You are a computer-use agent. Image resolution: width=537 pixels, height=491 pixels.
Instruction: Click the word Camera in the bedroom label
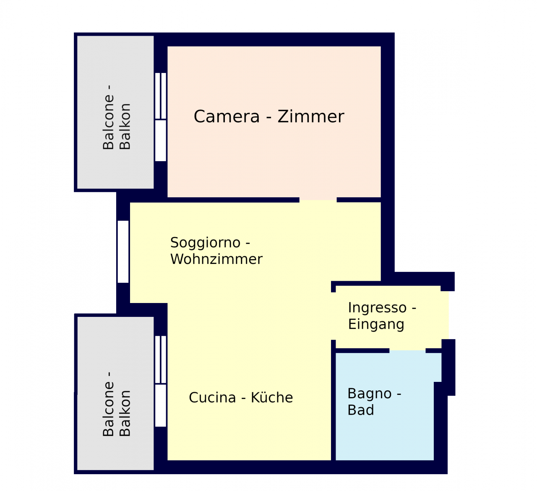tap(227, 117)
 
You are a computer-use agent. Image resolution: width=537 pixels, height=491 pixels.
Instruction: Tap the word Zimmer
tap(311, 117)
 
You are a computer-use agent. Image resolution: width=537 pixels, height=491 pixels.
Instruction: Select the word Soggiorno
tap(205, 243)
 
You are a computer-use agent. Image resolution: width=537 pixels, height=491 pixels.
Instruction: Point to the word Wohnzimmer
tap(216, 259)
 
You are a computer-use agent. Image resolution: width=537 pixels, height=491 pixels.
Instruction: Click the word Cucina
tap(212, 397)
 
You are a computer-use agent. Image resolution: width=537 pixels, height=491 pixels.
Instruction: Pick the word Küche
tap(272, 397)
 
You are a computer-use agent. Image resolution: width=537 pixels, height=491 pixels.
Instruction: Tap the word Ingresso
tap(377, 308)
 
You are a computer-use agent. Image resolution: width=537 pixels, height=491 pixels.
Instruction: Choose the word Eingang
tap(376, 325)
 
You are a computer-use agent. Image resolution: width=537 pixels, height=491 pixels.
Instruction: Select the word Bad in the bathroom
tap(361, 410)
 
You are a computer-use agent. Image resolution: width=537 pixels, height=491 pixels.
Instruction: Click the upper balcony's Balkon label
tap(125, 126)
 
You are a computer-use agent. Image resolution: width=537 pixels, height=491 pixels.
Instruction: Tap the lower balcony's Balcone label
tap(108, 404)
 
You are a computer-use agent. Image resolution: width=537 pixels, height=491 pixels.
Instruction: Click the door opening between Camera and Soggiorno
tap(318, 200)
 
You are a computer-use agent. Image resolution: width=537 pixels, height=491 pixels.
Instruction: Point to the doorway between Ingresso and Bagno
tap(407, 351)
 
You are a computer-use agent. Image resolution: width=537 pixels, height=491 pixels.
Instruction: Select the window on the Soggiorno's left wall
tap(123, 251)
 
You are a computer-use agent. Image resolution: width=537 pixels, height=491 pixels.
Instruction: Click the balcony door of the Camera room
tap(161, 117)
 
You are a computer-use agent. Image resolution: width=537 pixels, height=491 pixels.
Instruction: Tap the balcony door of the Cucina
tap(161, 381)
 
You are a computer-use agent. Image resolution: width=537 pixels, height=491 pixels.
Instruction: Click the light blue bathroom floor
tap(385, 434)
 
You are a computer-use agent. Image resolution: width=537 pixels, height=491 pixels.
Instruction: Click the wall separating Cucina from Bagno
tap(333, 400)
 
